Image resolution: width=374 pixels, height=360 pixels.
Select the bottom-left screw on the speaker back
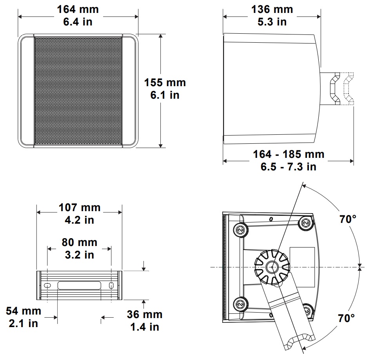click(x=240, y=304)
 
